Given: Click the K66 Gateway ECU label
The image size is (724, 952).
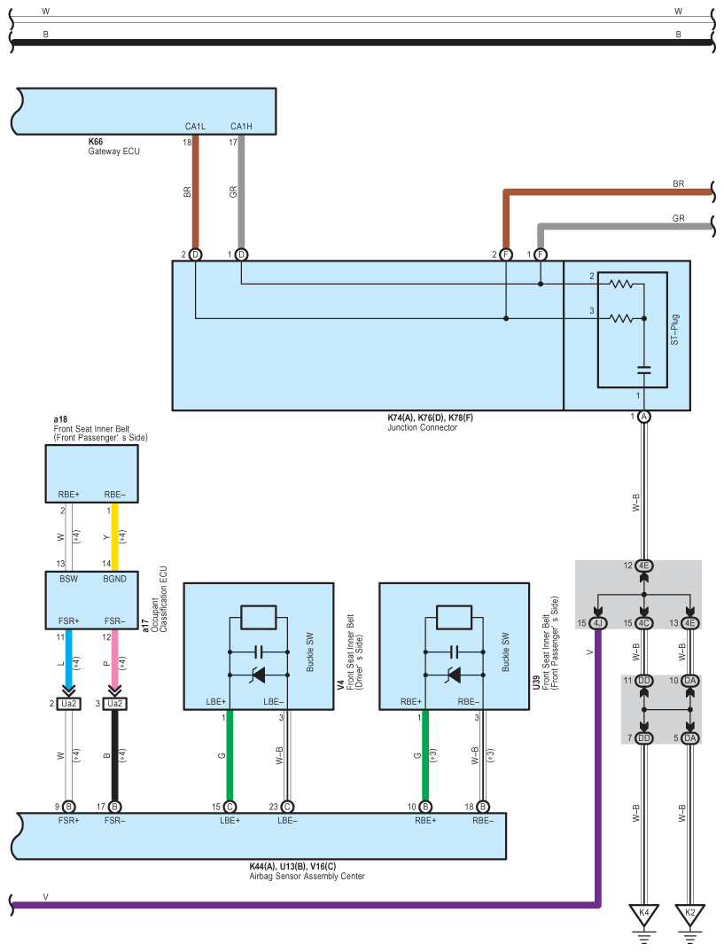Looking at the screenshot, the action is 114,146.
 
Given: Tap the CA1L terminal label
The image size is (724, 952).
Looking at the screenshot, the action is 195,126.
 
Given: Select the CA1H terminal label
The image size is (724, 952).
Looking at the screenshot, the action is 241,126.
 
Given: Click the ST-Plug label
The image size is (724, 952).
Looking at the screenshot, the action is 675,330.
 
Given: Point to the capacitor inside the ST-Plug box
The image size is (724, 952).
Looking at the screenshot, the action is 644,370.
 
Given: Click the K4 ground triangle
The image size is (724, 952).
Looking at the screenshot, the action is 644,915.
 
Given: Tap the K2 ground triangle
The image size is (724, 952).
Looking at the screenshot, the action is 690,915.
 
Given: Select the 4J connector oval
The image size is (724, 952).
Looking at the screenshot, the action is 598,623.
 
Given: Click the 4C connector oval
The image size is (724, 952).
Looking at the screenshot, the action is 644,623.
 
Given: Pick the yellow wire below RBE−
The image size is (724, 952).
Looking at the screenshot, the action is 114,536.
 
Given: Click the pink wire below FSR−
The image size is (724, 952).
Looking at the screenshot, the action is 114,659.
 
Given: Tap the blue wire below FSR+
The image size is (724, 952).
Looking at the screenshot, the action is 68,659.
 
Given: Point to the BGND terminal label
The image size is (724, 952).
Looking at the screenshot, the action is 114,579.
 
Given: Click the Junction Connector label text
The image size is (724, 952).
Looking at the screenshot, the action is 423,427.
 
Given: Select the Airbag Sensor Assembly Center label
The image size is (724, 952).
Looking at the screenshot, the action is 308,876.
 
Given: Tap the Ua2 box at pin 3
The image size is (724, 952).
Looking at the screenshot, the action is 114,704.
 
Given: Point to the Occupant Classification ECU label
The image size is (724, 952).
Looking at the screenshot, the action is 155,600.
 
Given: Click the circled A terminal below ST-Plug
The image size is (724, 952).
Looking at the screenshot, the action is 644,417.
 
